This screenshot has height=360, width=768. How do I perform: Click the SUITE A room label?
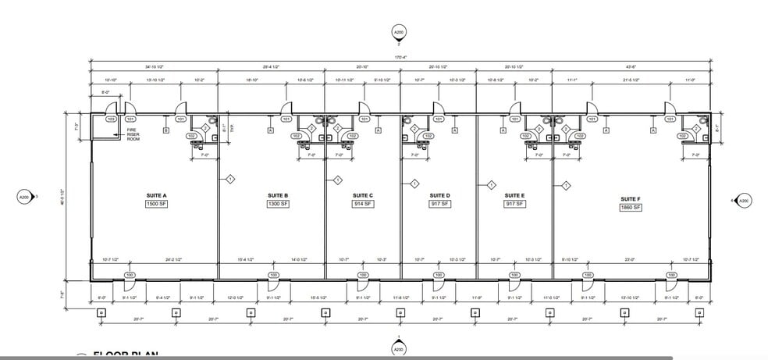click(x=156, y=195)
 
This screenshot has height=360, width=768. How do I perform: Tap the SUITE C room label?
click(x=362, y=195)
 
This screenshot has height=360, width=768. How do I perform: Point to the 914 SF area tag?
click(x=363, y=205)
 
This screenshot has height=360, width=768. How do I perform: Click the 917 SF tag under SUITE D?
click(x=439, y=205)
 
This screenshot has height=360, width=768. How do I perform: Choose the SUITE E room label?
click(x=514, y=195)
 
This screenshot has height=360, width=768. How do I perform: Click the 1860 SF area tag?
click(x=630, y=209)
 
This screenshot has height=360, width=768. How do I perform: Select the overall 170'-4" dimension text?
click(x=400, y=57)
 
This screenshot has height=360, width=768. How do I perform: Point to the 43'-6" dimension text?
click(x=631, y=68)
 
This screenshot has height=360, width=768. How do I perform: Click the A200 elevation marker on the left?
click(x=23, y=198)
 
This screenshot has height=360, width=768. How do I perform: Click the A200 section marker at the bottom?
click(x=399, y=349)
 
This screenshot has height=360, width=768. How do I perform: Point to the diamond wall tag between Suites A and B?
click(x=230, y=180)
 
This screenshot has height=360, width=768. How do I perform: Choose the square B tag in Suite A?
click(x=165, y=131)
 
